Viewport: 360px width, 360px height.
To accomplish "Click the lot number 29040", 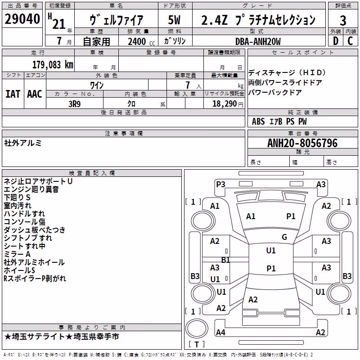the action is click(x=22, y=19).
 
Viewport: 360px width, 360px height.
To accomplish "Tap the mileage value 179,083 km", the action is click(x=53, y=65).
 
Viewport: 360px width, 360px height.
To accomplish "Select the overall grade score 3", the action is click(x=343, y=20).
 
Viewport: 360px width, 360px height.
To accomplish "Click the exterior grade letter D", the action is click(x=336, y=41).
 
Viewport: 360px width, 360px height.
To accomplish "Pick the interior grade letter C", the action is click(x=350, y=41).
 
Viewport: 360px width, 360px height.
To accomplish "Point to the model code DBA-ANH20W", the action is click(x=258, y=41).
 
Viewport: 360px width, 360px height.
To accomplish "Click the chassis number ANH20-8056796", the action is click(x=302, y=143).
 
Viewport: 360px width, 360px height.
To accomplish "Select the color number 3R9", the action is click(x=75, y=104).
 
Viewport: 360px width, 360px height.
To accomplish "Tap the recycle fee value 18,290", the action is click(x=224, y=104).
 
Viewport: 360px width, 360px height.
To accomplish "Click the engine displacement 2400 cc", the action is click(x=141, y=41).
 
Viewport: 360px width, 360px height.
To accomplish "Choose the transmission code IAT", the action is click(x=13, y=94).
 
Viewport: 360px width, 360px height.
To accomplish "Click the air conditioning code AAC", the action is click(x=35, y=94).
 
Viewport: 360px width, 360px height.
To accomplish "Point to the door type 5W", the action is click(x=174, y=20).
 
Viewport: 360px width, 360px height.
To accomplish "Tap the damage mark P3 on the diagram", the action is click(x=220, y=184).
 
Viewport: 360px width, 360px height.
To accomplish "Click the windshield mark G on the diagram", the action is click(x=284, y=237).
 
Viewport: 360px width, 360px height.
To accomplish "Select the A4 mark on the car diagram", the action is click(x=220, y=332).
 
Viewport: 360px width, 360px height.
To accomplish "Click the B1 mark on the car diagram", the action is click(x=226, y=260).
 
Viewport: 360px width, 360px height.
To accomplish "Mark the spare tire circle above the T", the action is click(x=197, y=328).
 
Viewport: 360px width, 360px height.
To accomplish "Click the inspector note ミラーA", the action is click(x=17, y=254).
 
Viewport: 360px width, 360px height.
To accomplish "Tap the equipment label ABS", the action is click(x=258, y=121).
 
